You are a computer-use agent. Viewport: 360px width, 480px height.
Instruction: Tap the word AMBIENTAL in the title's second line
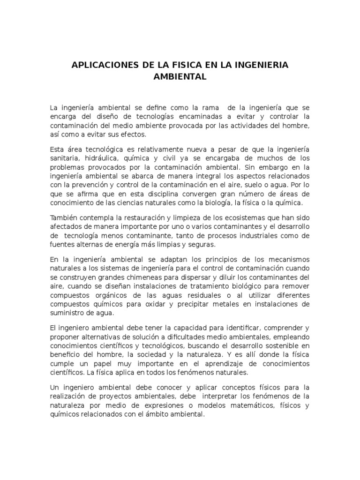[x=180, y=76]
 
